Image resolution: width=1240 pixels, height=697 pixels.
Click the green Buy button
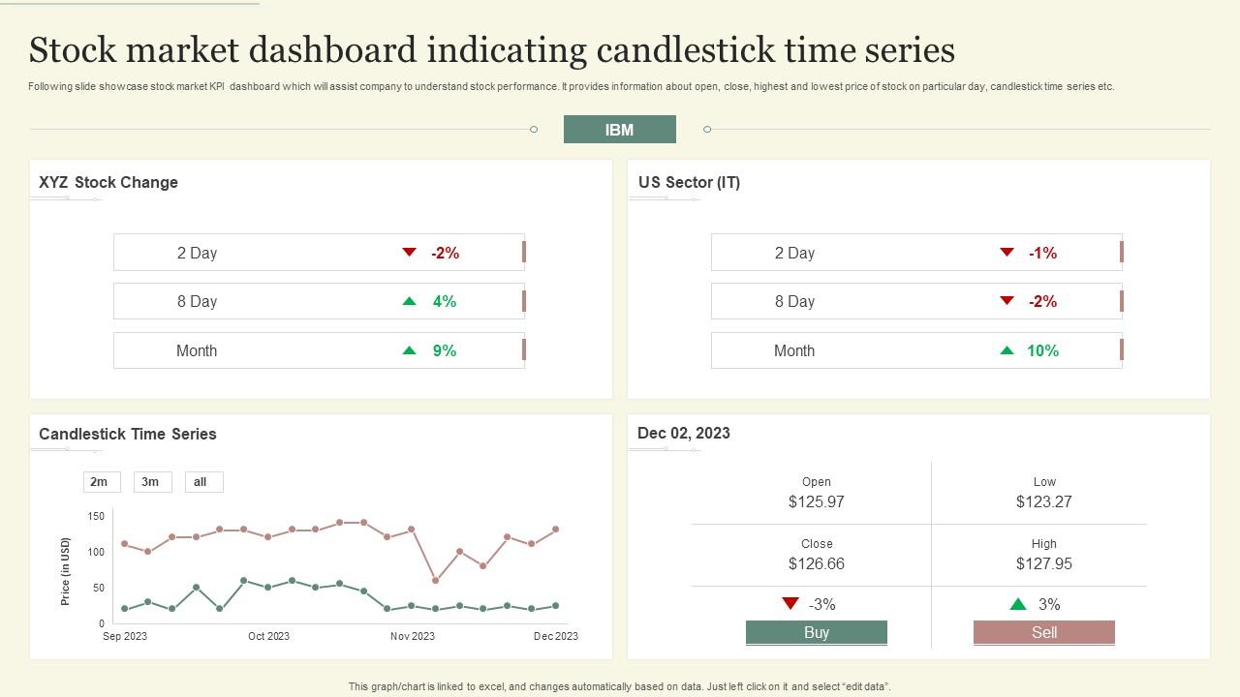click(x=816, y=632)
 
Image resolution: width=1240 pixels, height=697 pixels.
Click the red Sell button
click(x=1043, y=632)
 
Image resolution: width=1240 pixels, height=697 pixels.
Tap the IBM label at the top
click(x=619, y=130)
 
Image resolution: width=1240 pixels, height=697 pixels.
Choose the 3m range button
click(x=151, y=482)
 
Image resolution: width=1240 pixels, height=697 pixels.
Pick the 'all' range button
click(x=201, y=482)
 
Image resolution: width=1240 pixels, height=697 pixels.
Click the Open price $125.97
click(x=816, y=501)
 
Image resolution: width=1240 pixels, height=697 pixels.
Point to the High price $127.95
click(x=1043, y=563)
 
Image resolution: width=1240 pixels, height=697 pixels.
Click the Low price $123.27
click(x=1043, y=501)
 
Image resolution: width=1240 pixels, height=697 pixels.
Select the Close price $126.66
click(x=816, y=563)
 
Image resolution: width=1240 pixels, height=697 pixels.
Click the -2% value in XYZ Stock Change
click(x=445, y=253)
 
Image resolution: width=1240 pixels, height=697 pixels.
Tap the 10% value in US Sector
click(x=1042, y=350)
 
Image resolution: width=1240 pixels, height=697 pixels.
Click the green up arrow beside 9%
click(x=409, y=350)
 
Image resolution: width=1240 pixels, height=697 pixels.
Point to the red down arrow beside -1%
click(x=1007, y=253)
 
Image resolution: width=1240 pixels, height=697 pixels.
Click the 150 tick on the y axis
click(x=95, y=516)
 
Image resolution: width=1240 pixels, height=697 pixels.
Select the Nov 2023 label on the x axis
click(x=413, y=636)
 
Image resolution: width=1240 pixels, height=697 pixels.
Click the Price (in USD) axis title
click(x=66, y=571)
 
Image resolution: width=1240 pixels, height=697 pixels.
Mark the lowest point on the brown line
click(x=435, y=581)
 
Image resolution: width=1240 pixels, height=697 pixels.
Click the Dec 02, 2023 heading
click(x=684, y=433)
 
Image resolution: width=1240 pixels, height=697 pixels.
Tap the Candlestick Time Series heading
click(x=128, y=434)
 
